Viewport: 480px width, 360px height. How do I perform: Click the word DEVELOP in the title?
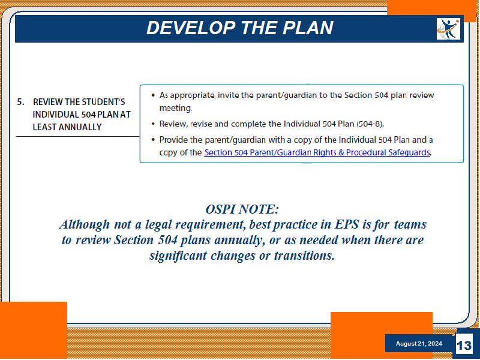click(191, 28)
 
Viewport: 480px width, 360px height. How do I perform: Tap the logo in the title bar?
click(448, 29)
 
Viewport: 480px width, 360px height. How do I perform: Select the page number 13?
click(464, 346)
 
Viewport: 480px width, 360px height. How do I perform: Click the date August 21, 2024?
click(419, 343)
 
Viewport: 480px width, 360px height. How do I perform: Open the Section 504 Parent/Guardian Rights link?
click(317, 152)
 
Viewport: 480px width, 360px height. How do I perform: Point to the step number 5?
click(20, 102)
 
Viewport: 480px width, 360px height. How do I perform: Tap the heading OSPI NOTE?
click(242, 209)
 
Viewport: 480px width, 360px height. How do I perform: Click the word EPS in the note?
click(347, 224)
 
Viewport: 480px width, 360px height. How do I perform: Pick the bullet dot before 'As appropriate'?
click(153, 95)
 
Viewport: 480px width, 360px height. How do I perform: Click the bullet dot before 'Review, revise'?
click(153, 124)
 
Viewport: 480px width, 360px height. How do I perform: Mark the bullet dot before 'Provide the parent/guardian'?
click(153, 140)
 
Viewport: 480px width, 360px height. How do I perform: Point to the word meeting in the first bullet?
click(175, 108)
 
